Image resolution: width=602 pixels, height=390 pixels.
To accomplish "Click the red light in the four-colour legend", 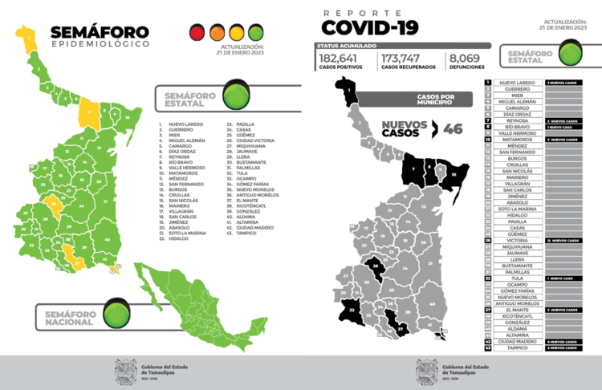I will click(x=197, y=34).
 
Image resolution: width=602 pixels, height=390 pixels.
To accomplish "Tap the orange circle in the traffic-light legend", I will click(x=217, y=34).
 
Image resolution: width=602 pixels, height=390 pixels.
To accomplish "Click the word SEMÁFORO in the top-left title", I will click(x=98, y=33).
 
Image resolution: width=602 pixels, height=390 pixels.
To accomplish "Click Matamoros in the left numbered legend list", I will click(x=184, y=173).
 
